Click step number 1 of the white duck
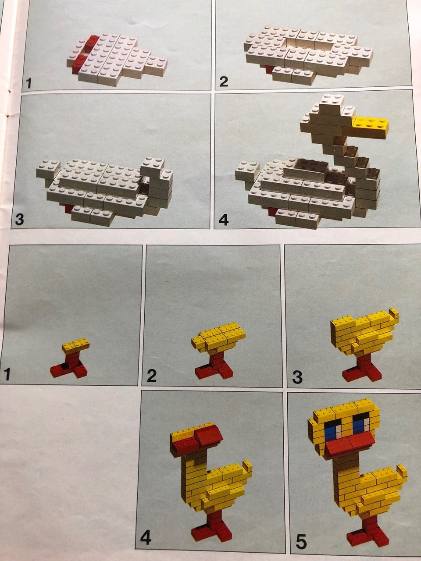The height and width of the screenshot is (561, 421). click(29, 83)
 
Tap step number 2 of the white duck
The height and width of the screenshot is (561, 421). click(223, 82)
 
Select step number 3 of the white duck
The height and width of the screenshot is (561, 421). click(19, 219)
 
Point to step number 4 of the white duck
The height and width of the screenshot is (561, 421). click(223, 220)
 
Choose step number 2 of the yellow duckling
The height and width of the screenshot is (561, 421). click(151, 376)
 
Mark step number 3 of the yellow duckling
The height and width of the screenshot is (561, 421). click(297, 377)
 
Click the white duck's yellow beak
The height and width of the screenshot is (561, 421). click(371, 127)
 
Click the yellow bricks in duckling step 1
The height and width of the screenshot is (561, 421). click(76, 345)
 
